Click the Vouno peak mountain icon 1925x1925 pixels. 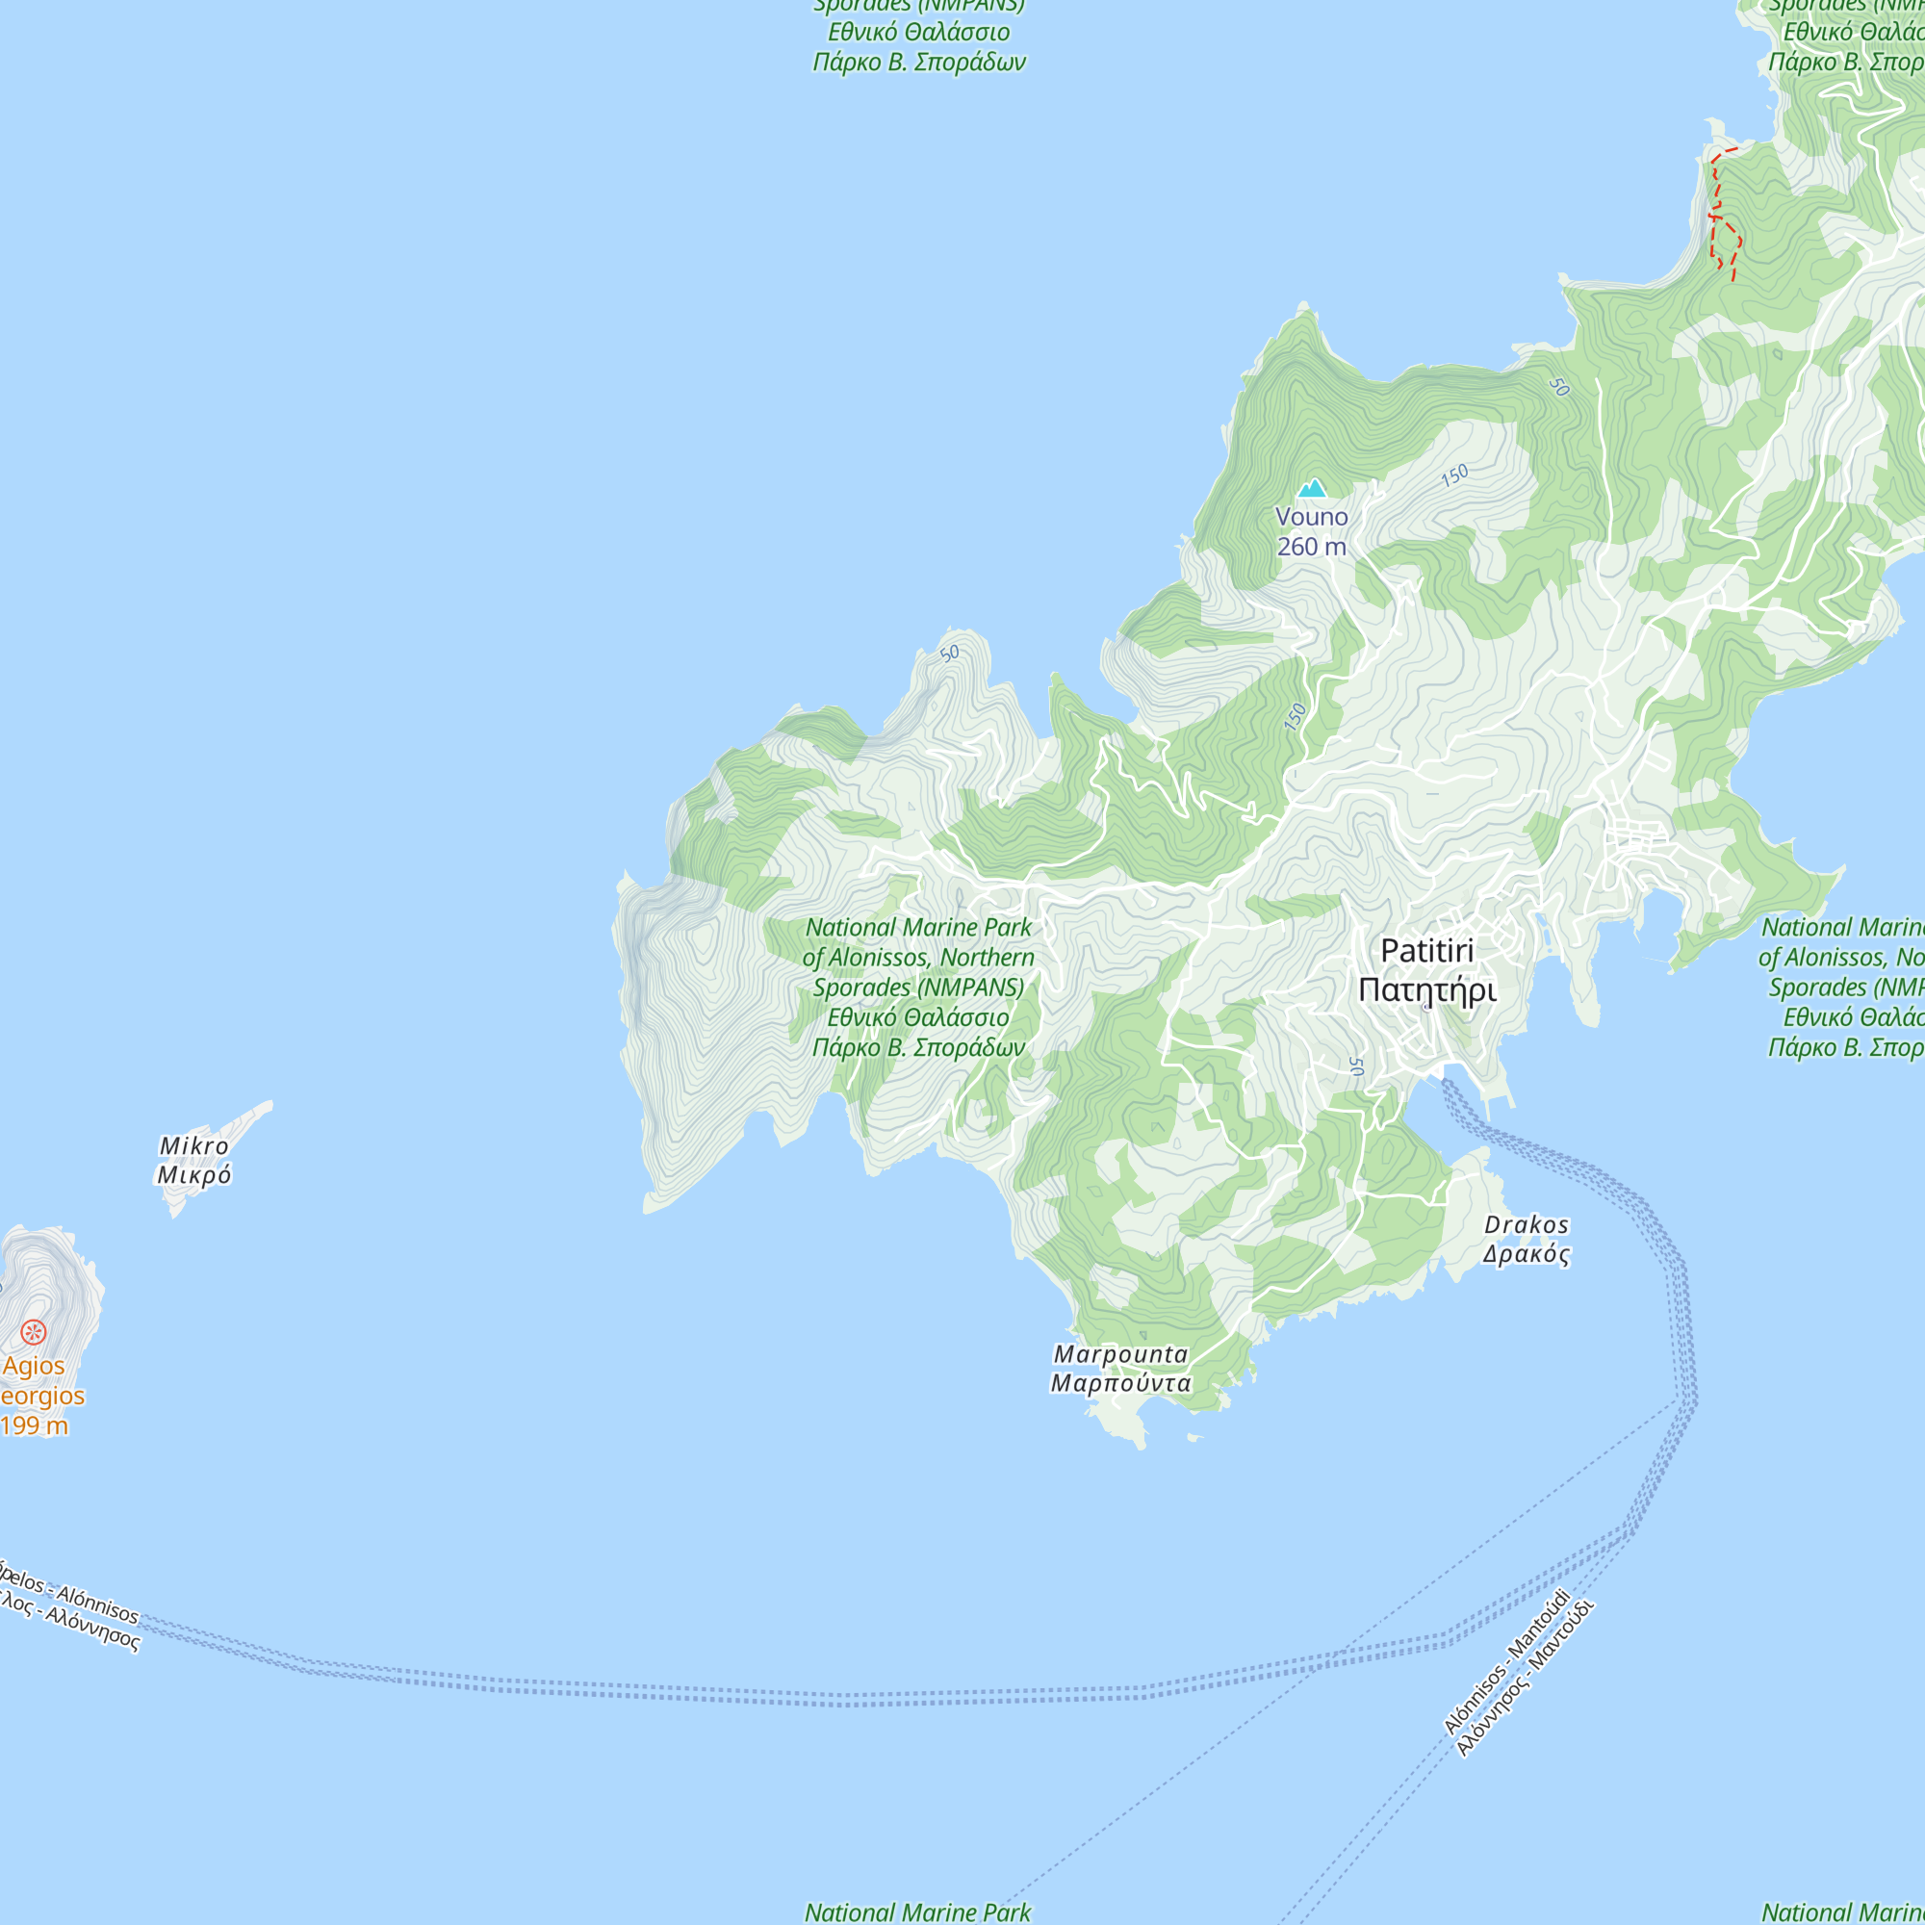coord(1311,488)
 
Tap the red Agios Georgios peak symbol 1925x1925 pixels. coord(34,1332)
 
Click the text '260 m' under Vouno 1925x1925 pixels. coord(1311,547)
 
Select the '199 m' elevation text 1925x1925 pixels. coord(34,1425)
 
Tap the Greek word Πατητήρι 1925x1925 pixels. coord(1426,990)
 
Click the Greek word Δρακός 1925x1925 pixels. coord(1526,1254)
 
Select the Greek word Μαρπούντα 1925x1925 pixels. coord(1121,1383)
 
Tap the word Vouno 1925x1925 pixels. coord(1311,517)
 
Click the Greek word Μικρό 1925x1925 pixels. coord(194,1176)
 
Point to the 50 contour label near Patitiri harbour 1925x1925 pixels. coord(1356,1066)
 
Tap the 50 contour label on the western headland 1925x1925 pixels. coord(950,654)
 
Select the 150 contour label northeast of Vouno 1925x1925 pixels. coord(1454,475)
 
